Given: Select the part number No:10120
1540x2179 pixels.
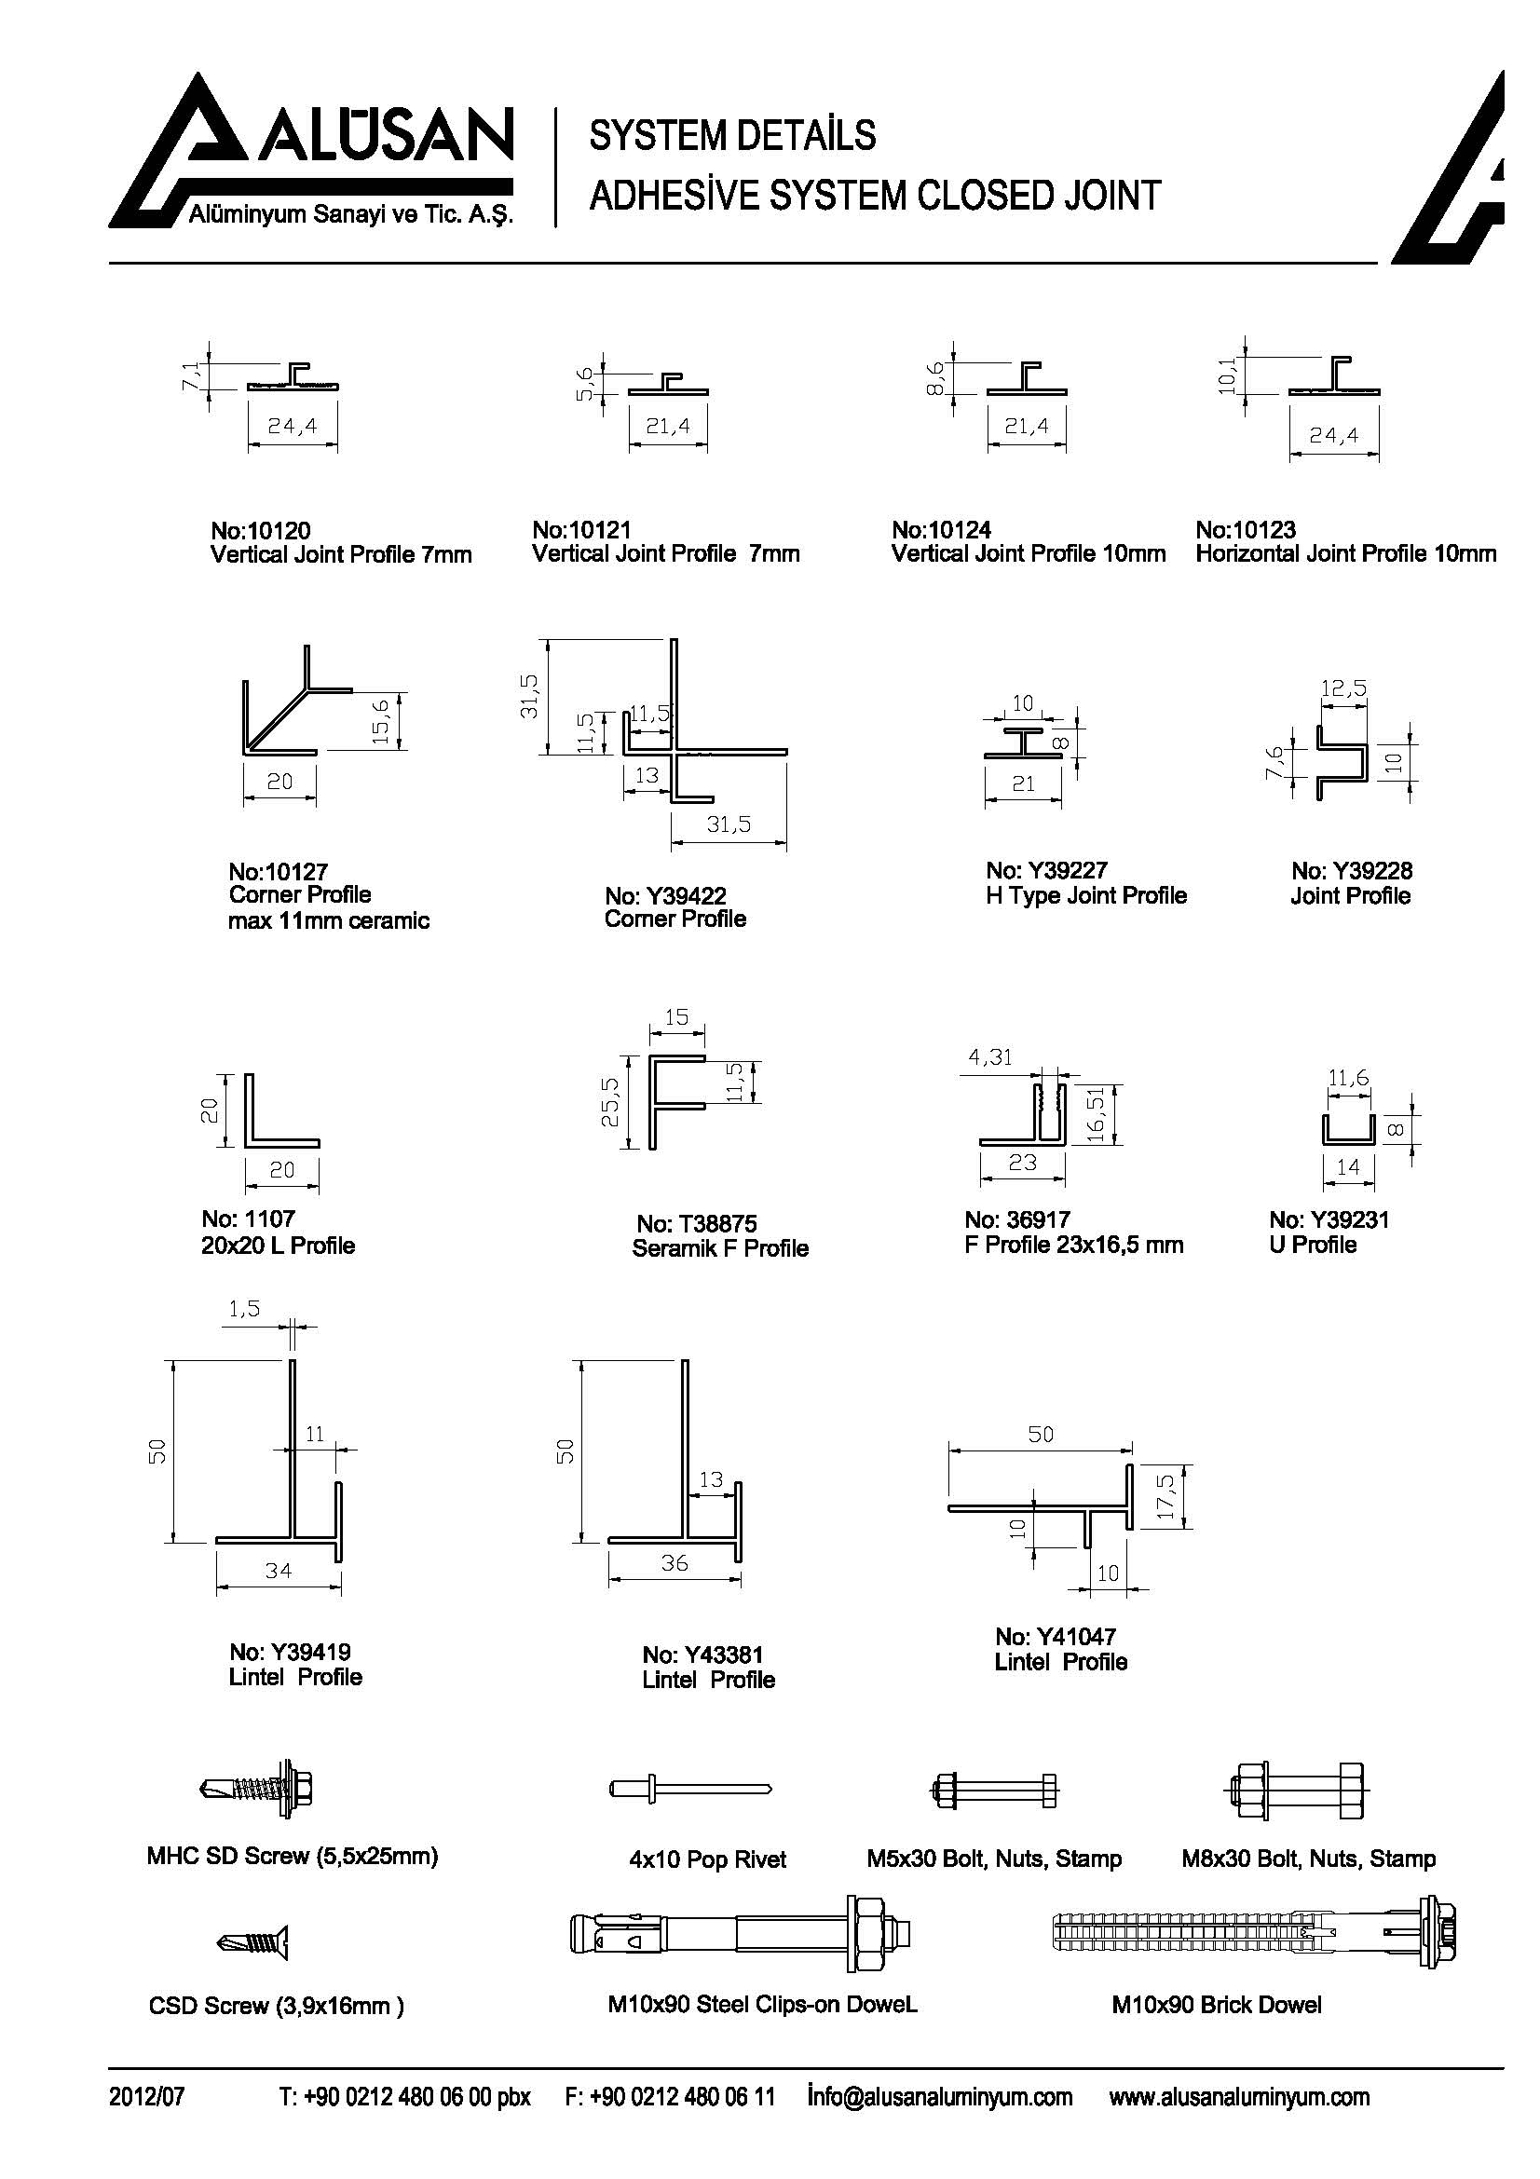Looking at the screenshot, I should click(260, 529).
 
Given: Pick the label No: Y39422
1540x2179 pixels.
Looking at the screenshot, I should click(665, 895).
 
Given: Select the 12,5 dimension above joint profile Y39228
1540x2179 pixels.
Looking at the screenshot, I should click(1343, 688).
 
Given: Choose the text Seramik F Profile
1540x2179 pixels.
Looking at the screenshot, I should click(720, 1248).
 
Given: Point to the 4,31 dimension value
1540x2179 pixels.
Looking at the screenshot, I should click(989, 1056).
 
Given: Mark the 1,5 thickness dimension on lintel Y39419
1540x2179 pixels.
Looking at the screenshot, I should click(244, 1309).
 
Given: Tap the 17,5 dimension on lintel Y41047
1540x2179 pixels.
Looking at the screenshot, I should click(1166, 1496).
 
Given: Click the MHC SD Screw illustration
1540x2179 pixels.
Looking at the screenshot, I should click(258, 1790).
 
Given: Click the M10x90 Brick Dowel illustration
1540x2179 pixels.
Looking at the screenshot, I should click(1253, 1932).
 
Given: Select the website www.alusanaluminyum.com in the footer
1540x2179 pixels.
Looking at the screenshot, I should click(1239, 2096).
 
